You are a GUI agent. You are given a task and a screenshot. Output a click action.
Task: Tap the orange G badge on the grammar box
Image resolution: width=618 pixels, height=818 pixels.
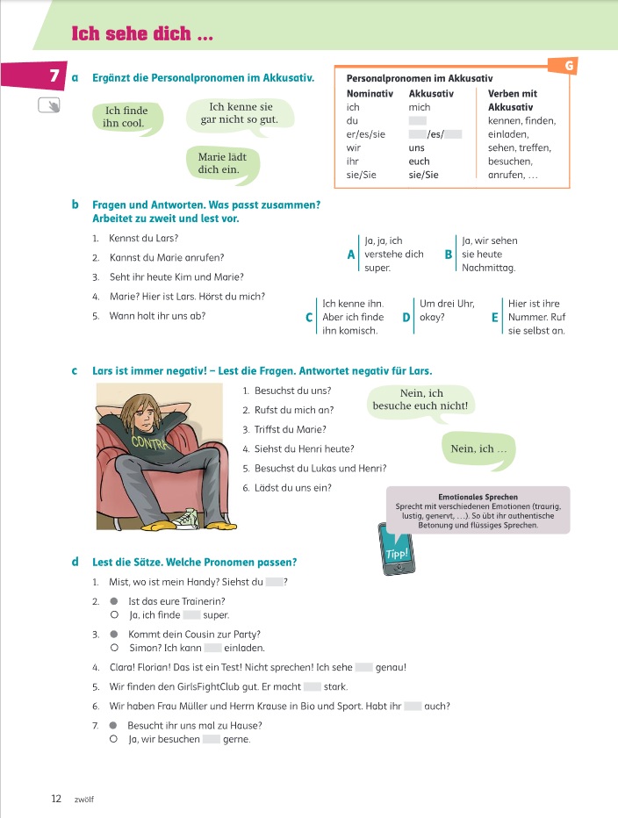click(570, 65)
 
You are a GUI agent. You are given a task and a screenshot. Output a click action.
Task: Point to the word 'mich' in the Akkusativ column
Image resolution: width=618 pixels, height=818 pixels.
click(420, 107)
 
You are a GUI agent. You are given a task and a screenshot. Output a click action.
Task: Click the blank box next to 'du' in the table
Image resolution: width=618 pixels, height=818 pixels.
click(418, 121)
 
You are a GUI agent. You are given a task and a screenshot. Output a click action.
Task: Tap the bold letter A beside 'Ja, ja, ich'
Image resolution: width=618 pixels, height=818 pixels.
click(351, 255)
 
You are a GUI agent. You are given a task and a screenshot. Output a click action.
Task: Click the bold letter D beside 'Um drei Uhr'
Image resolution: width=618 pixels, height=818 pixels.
click(406, 318)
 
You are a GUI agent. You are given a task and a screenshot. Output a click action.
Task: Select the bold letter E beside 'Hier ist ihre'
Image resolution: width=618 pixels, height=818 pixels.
click(495, 318)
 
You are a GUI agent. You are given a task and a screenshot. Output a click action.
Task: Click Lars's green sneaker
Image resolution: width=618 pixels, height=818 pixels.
click(186, 520)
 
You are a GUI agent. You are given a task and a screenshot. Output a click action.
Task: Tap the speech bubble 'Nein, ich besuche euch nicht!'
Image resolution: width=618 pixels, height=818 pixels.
click(421, 400)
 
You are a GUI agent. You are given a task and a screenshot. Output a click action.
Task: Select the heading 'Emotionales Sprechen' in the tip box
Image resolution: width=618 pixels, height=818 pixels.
click(478, 497)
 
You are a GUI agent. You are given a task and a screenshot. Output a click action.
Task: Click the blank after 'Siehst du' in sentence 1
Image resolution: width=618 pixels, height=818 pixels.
click(275, 582)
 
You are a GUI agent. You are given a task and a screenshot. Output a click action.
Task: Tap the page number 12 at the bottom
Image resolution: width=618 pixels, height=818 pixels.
click(56, 799)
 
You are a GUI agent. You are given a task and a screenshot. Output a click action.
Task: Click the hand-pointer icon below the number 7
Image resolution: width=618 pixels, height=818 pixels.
click(49, 106)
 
